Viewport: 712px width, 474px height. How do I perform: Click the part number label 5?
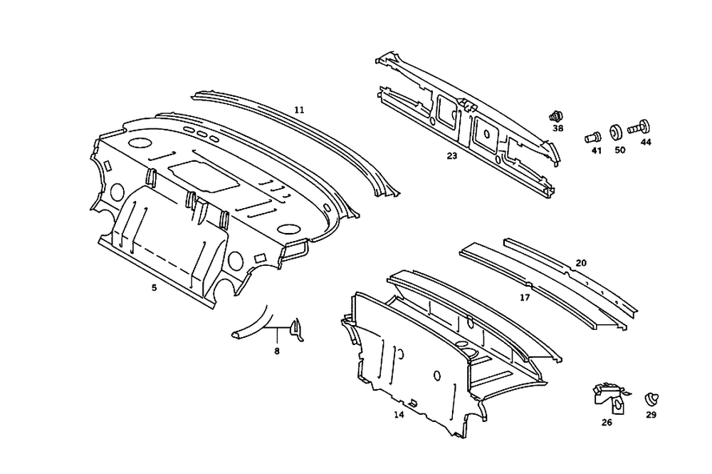pyautogui.click(x=154, y=287)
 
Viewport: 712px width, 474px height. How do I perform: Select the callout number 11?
pyautogui.click(x=299, y=110)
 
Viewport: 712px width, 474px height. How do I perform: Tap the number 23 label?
pyautogui.click(x=452, y=155)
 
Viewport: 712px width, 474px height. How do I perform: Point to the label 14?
pyautogui.click(x=399, y=413)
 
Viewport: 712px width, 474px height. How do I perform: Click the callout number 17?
pyautogui.click(x=525, y=297)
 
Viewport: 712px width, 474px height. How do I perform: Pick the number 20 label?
pyautogui.click(x=581, y=263)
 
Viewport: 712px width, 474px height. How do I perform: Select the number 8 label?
pyautogui.click(x=276, y=350)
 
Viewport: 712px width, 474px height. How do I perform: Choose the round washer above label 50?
pyautogui.click(x=617, y=133)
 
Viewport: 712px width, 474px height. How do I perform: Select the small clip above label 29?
pyautogui.click(x=651, y=398)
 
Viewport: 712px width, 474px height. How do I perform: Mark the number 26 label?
pyautogui.click(x=607, y=422)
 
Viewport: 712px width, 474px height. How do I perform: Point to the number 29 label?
pyautogui.click(x=651, y=414)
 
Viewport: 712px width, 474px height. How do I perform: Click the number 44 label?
pyautogui.click(x=646, y=143)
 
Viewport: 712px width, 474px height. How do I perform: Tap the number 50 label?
pyautogui.click(x=619, y=150)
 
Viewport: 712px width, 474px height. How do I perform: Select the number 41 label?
pyautogui.click(x=597, y=150)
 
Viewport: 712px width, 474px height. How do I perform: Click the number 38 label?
pyautogui.click(x=557, y=128)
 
